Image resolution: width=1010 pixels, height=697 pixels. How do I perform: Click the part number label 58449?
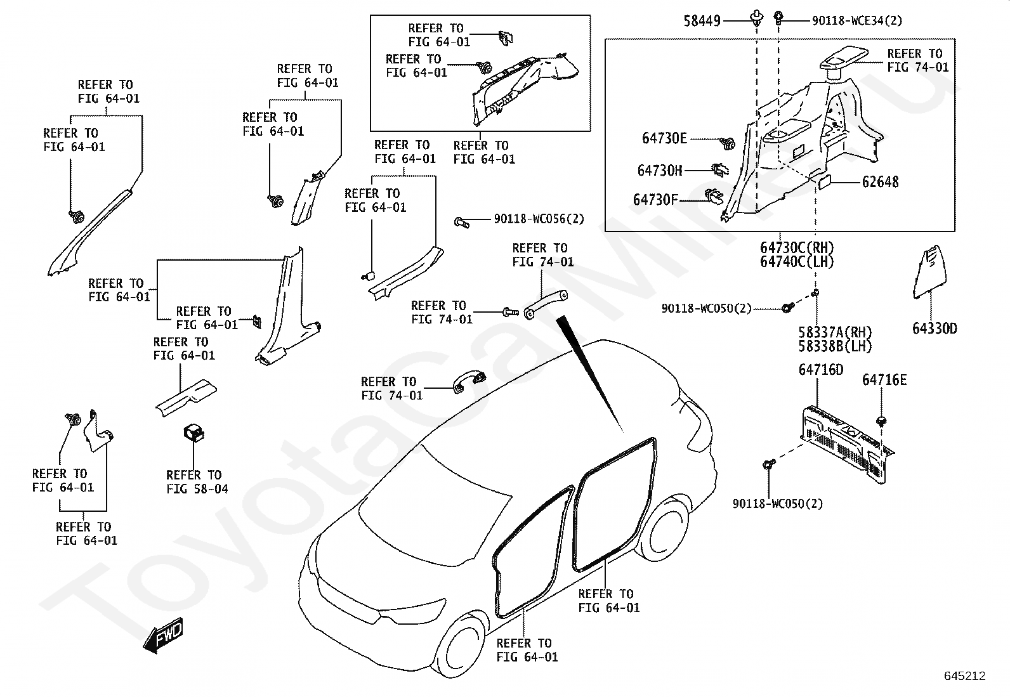(702, 21)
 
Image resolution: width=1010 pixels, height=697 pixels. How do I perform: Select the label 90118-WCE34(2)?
(857, 21)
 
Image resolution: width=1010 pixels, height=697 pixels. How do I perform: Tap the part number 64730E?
(664, 138)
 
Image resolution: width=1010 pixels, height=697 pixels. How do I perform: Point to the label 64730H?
(660, 170)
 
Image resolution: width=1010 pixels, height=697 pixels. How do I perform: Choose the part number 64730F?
(655, 200)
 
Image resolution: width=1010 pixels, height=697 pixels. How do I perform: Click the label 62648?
(880, 182)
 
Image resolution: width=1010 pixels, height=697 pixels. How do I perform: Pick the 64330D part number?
(935, 329)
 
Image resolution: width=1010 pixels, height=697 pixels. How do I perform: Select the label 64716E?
(884, 380)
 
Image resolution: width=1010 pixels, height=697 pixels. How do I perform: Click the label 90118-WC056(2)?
(539, 219)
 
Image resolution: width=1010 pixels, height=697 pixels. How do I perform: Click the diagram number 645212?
(964, 676)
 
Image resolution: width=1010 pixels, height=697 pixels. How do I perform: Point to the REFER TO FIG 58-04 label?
(197, 482)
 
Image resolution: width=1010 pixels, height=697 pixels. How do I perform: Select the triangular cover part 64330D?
(927, 270)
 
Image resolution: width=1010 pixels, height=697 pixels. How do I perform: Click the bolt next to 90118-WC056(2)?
(461, 222)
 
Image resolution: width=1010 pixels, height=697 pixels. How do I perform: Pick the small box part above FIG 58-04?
(193, 432)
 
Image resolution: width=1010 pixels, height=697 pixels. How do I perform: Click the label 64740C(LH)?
(797, 262)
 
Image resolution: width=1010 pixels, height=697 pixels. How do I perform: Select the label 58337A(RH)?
(835, 332)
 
